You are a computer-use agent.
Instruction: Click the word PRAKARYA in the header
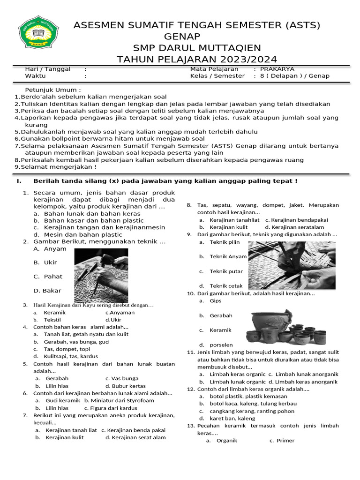click(277, 69)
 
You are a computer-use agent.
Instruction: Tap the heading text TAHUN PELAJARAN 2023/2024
click(197, 59)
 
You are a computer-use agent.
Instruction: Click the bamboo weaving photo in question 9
click(291, 266)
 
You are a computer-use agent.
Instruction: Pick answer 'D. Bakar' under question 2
click(48, 291)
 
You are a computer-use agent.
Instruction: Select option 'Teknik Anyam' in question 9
click(228, 256)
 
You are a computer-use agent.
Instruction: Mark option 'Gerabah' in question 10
click(221, 315)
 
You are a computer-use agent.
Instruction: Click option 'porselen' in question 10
click(221, 345)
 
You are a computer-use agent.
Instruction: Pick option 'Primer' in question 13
click(285, 440)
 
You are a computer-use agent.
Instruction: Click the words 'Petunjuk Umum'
click(53, 90)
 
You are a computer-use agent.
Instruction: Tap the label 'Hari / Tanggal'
click(47, 69)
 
